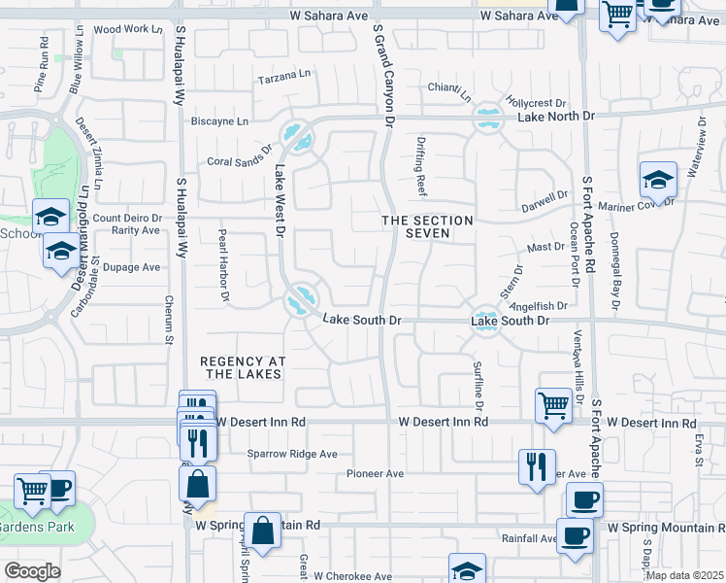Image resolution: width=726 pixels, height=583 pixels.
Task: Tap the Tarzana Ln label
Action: [282, 74]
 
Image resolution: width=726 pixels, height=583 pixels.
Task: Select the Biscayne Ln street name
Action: [220, 122]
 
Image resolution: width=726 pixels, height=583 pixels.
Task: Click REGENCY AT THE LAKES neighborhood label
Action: [241, 366]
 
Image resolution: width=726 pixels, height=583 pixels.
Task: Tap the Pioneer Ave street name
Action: [375, 473]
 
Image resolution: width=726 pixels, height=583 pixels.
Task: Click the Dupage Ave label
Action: [131, 267]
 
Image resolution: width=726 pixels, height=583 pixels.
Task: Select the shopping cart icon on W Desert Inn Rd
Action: [553, 405]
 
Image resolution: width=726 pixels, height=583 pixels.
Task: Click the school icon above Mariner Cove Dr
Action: [658, 180]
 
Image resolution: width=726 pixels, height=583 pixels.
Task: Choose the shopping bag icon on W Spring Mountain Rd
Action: [262, 531]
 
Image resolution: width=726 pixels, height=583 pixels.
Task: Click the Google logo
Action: [32, 571]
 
